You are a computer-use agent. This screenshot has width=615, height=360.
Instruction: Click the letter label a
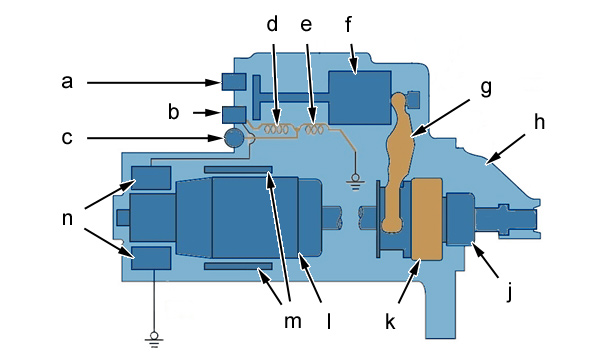[x=67, y=82]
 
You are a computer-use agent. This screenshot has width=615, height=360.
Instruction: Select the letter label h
[x=539, y=122]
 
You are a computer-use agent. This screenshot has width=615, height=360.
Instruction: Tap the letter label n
[x=67, y=218]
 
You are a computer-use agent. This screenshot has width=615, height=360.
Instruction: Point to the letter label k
[x=390, y=321]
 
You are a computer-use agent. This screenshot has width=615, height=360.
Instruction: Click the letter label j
[x=509, y=292]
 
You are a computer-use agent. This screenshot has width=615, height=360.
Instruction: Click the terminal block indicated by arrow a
[x=234, y=82]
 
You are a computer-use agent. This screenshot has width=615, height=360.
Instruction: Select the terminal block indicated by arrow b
[x=234, y=115]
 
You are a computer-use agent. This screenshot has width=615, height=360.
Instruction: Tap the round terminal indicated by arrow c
[x=233, y=138]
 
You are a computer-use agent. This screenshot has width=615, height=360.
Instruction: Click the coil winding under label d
[x=276, y=129]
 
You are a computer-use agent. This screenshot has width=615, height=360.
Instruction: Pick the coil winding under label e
[x=313, y=129]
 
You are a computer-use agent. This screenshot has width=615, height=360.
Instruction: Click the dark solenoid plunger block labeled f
[x=360, y=98]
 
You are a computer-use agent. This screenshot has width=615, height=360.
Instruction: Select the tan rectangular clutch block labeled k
[x=427, y=219]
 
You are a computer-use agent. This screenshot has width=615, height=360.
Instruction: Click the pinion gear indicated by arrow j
[x=459, y=218]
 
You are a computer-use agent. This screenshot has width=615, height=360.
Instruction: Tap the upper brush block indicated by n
[x=151, y=178]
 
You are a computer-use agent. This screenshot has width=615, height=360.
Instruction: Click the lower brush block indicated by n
[x=151, y=258]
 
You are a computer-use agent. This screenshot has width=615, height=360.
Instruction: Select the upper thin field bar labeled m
[x=238, y=169]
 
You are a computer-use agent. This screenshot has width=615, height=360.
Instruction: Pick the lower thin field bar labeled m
[x=238, y=266]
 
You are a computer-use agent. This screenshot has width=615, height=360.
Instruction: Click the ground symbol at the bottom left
[x=154, y=340]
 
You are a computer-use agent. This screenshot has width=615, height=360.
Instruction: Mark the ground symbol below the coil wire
[x=355, y=182]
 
